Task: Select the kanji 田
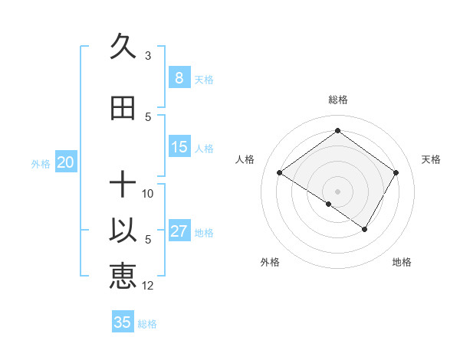pos(123,109)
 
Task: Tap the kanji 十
pos(123,185)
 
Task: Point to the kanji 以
pos(123,231)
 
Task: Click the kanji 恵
pos(123,276)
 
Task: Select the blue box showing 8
pos(179,78)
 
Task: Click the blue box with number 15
pos(179,147)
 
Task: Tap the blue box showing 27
pos(179,231)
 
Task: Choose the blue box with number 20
pos(66,162)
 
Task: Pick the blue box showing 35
pos(123,322)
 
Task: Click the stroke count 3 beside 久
pos(148,55)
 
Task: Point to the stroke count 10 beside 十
pos(148,193)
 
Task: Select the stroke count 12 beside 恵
pos(148,285)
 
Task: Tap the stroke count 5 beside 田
pos(148,116)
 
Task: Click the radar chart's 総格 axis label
pos(337,100)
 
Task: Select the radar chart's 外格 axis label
pos(270,262)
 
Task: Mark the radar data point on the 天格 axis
pos(396,173)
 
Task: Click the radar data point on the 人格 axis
pos(280,173)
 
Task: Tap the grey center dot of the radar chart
pos(337,191)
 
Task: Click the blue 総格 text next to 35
pos(147,324)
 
